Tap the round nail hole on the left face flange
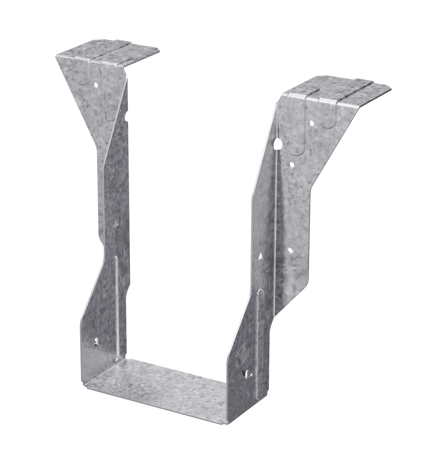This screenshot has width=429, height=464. pyautogui.click(x=96, y=84)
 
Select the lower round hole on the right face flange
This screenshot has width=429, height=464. pyautogui.click(x=292, y=164)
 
